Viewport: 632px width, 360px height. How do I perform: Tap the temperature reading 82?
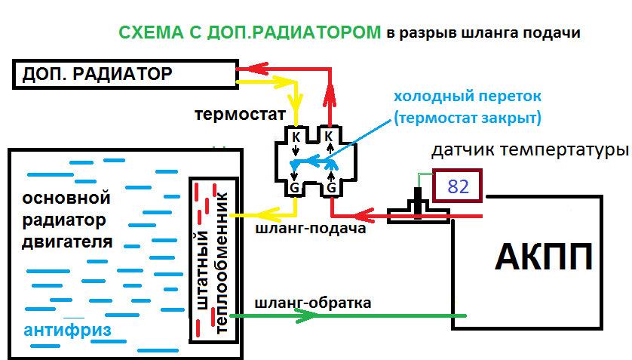tap(459, 186)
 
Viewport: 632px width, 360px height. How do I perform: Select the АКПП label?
tap(544, 257)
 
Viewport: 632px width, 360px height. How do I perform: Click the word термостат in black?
tap(241, 115)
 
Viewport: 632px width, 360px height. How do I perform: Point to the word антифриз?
tap(67, 330)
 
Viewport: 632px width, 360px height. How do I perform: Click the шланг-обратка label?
tap(313, 303)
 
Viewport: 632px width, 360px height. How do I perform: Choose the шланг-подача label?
tap(311, 228)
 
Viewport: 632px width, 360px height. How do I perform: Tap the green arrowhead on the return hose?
tap(306, 315)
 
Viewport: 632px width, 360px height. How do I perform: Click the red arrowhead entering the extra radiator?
tap(257, 69)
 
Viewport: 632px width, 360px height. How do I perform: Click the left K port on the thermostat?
tap(296, 137)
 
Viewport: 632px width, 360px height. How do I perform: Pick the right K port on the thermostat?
tap(329, 137)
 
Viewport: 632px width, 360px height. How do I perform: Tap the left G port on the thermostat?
tap(295, 187)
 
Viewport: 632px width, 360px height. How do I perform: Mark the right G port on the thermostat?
tap(331, 187)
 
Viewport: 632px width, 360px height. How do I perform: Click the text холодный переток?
tap(467, 97)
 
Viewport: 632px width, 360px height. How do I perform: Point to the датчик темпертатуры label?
tap(530, 150)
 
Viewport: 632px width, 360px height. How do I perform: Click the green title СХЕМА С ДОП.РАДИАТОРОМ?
tap(250, 32)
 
